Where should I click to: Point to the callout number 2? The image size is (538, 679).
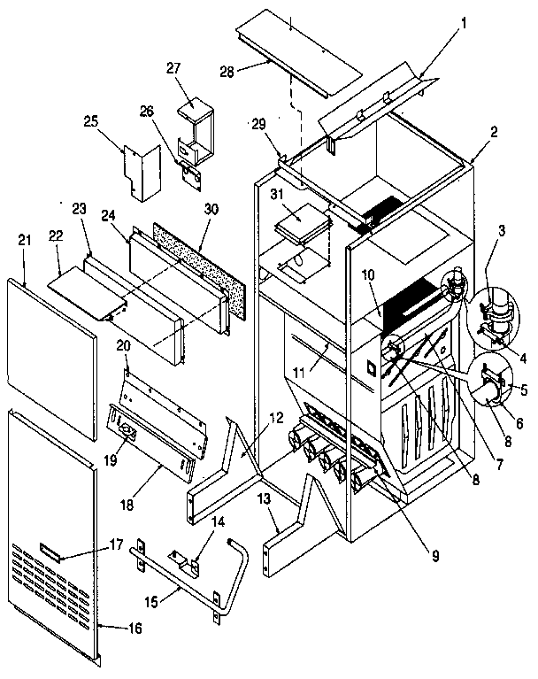[x=493, y=132]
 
